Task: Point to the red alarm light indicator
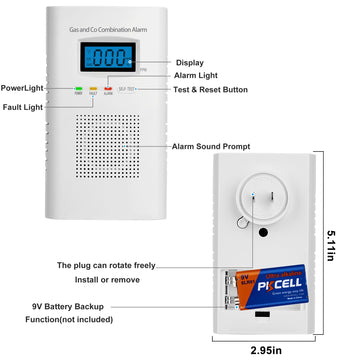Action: [108, 89]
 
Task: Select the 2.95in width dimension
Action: [269, 349]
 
